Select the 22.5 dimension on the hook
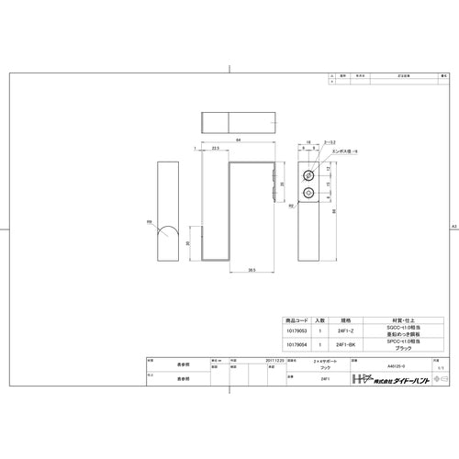(x=214, y=147)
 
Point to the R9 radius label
(x=151, y=221)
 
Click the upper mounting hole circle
(x=309, y=173)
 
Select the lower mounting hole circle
(x=309, y=192)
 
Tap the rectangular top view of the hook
(x=237, y=122)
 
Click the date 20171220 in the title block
(x=274, y=361)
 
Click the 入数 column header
(x=319, y=319)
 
